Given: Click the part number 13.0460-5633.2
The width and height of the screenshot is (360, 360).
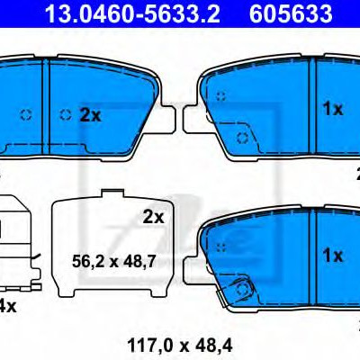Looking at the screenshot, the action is click(132, 13).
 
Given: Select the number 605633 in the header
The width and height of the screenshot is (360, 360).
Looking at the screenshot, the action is click(291, 13).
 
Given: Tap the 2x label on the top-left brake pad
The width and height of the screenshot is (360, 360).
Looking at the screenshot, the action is click(90, 115).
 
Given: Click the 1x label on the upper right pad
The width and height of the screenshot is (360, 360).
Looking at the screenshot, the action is click(332, 109).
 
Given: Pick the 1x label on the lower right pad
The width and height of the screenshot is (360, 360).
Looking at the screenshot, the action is click(332, 256).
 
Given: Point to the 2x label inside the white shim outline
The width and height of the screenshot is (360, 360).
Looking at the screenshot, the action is click(153, 217).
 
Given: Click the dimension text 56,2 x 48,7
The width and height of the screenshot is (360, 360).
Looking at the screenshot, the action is click(113, 262).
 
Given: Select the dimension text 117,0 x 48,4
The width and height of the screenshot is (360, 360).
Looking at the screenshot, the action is click(180, 346).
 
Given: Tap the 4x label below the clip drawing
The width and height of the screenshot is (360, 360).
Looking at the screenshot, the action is click(8, 306).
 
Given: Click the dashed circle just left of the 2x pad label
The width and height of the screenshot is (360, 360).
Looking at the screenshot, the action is click(66, 114).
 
